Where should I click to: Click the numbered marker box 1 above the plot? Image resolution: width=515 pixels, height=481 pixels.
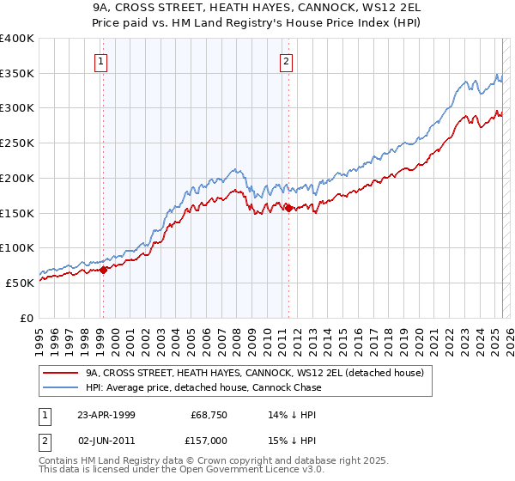pyautogui.click(x=102, y=61)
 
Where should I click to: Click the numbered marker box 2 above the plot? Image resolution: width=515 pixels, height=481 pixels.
pyautogui.click(x=286, y=61)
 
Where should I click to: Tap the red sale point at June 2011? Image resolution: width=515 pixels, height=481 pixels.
pyautogui.click(x=288, y=208)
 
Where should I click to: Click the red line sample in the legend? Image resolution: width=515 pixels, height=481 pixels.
pyautogui.click(x=60, y=374)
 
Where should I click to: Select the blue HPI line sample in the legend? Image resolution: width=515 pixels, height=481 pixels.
pyautogui.click(x=60, y=387)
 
